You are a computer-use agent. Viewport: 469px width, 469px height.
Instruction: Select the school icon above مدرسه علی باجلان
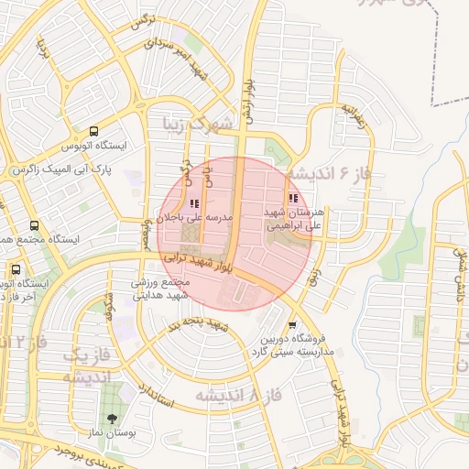point(193,203)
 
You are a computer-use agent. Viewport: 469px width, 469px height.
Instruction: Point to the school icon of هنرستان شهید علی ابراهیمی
point(292,198)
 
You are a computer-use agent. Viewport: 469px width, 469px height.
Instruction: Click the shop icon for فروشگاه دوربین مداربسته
point(292,324)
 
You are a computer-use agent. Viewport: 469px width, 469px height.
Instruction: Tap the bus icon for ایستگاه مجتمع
point(34,225)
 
